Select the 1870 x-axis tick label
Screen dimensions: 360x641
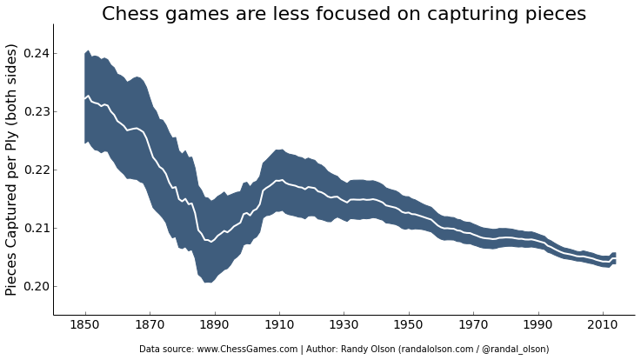point(150,324)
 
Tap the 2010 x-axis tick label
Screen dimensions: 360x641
point(604,324)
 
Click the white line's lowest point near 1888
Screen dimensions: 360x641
point(210,242)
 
